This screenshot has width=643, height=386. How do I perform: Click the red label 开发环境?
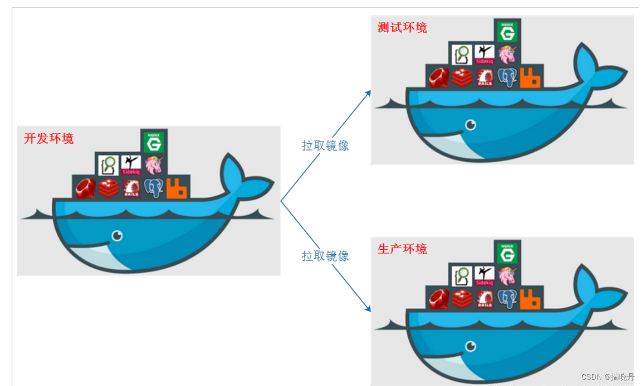coord(49,139)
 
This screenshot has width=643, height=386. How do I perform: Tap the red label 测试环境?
coord(402,28)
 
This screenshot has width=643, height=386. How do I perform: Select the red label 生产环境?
coord(402,249)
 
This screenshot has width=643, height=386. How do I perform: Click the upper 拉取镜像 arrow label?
coord(325,146)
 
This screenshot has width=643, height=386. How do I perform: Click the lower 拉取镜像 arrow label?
coord(325,256)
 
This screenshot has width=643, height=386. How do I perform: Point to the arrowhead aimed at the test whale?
coord(368,93)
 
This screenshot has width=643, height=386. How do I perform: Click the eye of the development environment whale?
coord(117,235)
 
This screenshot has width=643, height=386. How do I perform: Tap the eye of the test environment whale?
coord(470,124)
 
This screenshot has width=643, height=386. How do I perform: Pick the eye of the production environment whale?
coord(470,346)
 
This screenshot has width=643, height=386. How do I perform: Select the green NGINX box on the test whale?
coord(507,31)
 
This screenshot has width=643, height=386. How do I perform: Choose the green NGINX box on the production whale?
coord(507,252)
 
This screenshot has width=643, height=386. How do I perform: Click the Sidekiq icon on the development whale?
coord(130,164)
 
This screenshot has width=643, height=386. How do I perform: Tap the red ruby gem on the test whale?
coord(438,77)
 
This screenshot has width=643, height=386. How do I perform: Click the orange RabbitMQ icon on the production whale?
coord(532,299)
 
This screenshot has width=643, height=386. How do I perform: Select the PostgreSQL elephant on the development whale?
coord(154,188)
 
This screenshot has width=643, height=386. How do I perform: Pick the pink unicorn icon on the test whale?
coord(507,54)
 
